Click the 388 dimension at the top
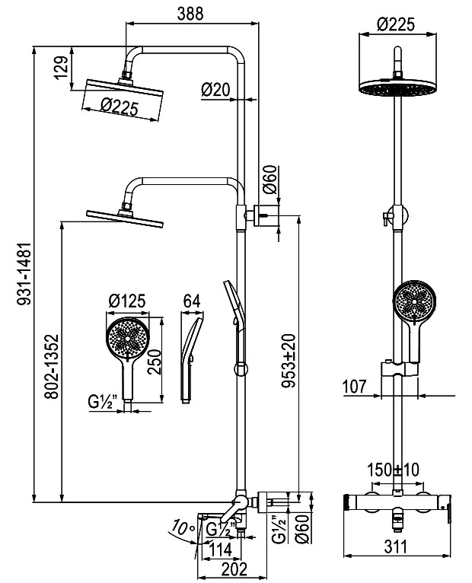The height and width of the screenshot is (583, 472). point(190,14)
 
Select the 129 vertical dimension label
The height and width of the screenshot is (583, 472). point(62,67)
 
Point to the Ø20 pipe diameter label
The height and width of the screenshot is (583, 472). point(215,90)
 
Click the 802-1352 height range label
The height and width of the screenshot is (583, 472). point(52,367)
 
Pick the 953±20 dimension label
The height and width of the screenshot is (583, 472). point(289,361)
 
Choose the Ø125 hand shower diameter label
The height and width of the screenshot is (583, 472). point(127,301)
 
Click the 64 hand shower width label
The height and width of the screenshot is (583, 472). point(192,301)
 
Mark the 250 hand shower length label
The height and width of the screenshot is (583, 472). point(154,362)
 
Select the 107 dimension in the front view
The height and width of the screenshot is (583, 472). point(354,387)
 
